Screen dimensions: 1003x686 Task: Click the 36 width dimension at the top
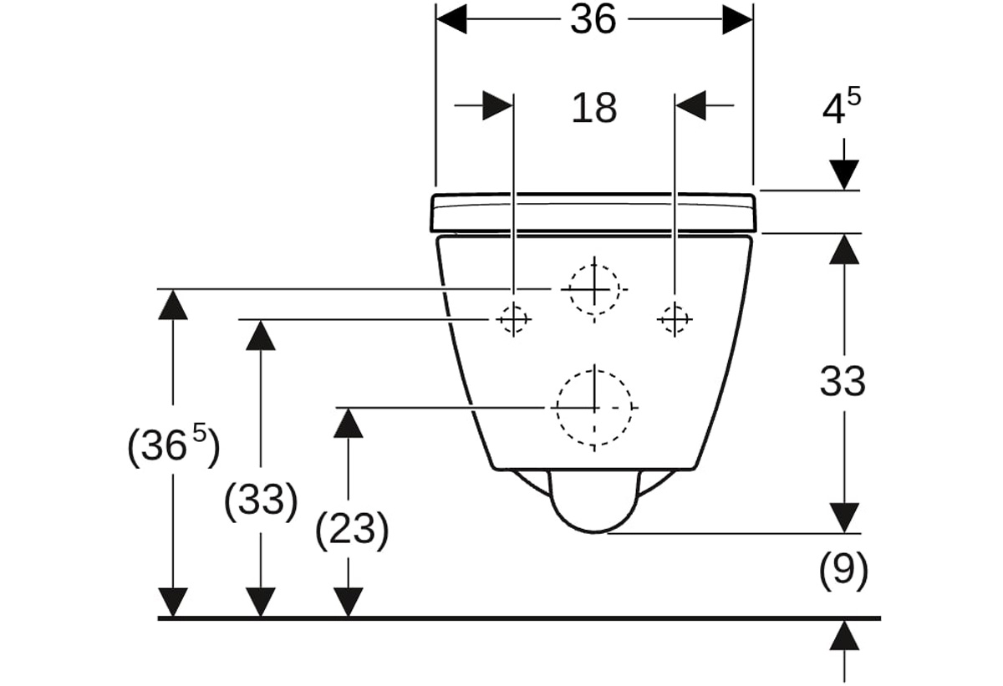(593, 20)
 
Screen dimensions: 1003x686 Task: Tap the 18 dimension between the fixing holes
(594, 109)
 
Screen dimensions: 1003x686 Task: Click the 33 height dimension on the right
(843, 382)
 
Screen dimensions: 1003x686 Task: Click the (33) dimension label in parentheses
(261, 501)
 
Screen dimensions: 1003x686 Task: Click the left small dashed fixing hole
(513, 319)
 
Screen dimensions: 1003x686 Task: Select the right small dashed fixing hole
(675, 319)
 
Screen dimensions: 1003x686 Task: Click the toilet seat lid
(593, 213)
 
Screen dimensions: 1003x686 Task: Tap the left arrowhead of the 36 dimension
(451, 19)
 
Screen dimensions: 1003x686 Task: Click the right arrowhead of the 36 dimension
(737, 19)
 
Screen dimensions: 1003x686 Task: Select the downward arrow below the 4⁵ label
(844, 164)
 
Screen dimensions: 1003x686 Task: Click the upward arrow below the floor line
(844, 653)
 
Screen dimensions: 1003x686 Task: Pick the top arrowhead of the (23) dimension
(349, 423)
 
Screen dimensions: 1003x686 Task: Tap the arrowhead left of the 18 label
(497, 105)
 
